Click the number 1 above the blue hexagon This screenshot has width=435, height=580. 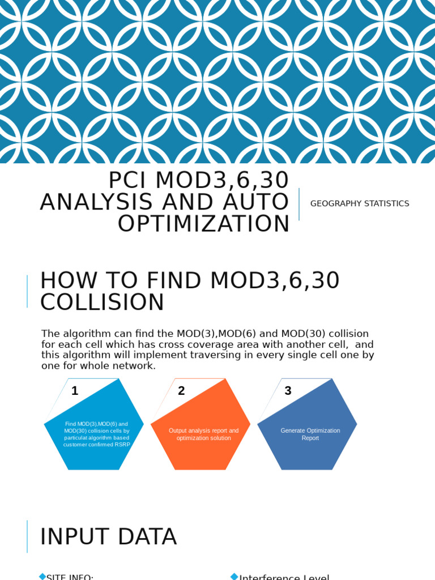click(75, 391)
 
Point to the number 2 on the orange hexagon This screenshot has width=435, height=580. click(181, 391)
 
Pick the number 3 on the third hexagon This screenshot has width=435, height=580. click(288, 391)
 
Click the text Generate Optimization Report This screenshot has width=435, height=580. click(310, 434)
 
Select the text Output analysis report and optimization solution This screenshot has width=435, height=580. click(204, 434)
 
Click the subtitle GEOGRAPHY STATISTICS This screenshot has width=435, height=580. click(360, 204)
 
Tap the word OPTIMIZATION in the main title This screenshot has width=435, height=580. click(204, 224)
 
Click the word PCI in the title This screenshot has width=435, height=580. click(128, 181)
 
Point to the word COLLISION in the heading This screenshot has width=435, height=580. click(102, 302)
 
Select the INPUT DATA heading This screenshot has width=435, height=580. click(108, 537)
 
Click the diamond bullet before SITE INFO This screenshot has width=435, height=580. click(42, 577)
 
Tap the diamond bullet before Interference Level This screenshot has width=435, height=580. click(234, 577)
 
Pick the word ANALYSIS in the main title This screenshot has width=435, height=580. click(97, 203)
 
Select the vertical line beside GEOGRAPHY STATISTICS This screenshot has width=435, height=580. click(299, 204)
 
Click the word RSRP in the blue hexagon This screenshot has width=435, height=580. click(122, 445)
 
